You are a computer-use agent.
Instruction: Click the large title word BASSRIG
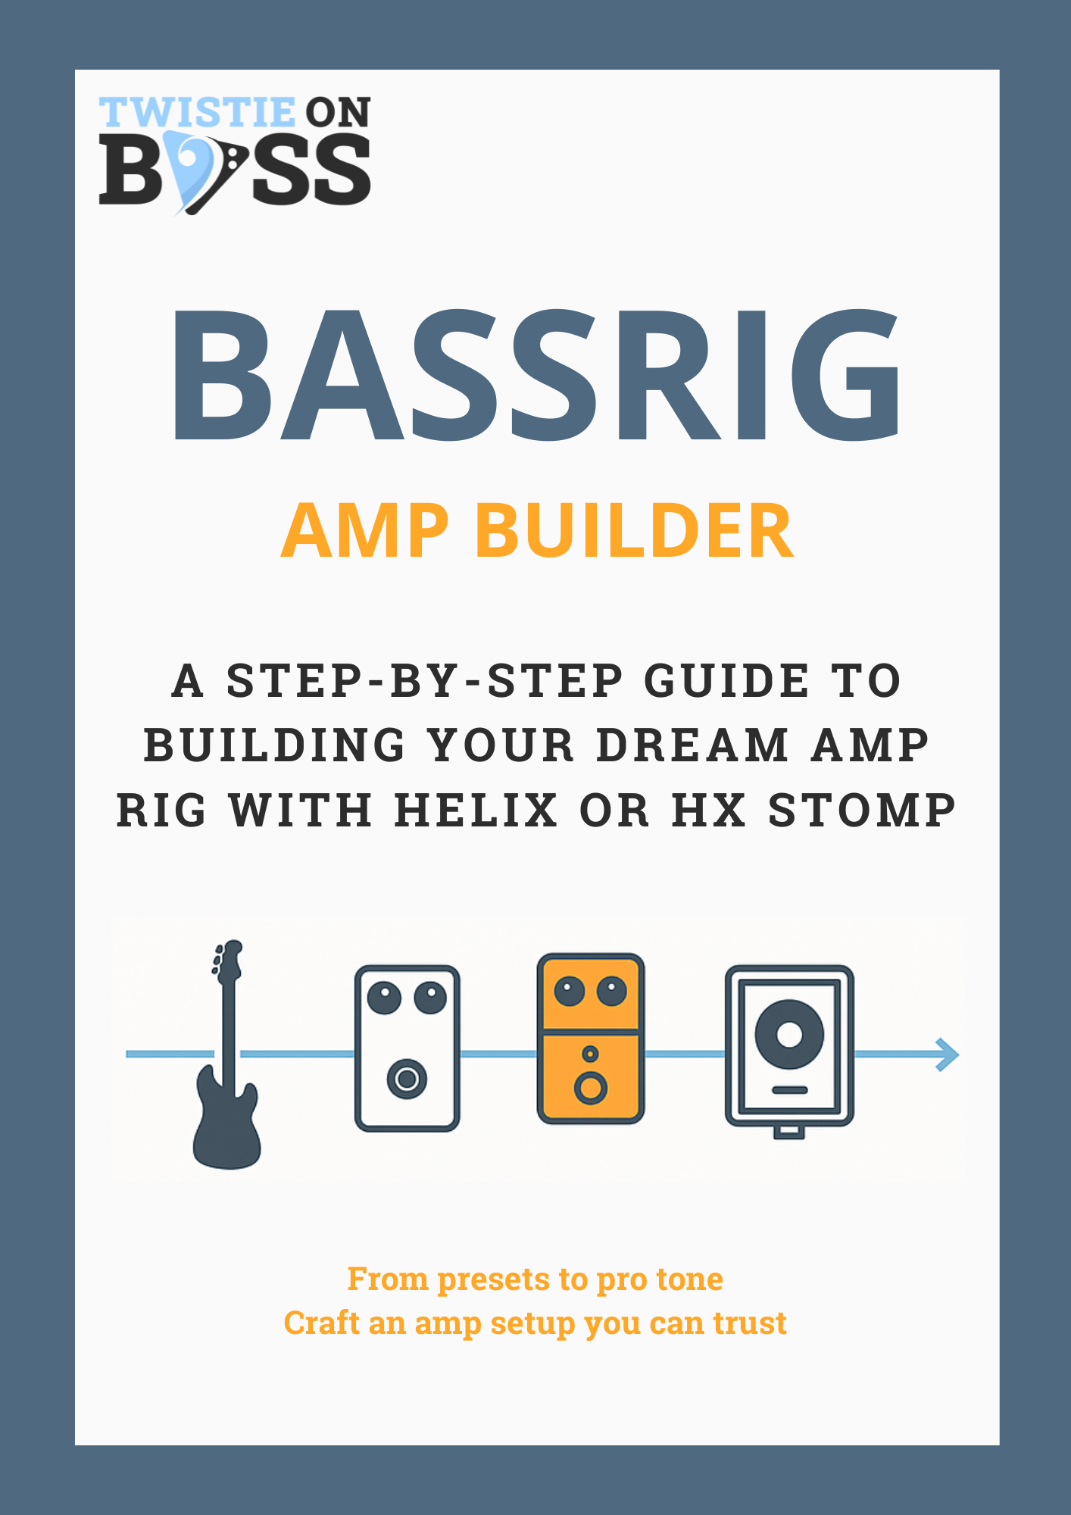click(x=536, y=375)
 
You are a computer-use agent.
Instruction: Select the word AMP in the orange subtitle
click(x=365, y=531)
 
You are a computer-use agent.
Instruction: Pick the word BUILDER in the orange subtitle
click(x=635, y=531)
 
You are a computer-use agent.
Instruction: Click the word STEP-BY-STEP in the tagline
click(x=425, y=680)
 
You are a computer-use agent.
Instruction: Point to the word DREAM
click(x=694, y=745)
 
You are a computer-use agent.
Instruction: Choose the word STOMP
click(x=862, y=810)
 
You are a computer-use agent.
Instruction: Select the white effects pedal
click(x=407, y=1048)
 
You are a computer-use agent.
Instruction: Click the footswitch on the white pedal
click(x=407, y=1079)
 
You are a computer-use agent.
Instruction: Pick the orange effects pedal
click(x=591, y=1039)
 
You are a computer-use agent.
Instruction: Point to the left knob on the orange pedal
click(x=570, y=991)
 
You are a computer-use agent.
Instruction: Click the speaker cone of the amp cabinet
click(x=789, y=1034)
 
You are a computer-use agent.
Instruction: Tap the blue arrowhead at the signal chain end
click(x=948, y=1054)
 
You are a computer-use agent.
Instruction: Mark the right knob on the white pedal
click(x=430, y=997)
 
